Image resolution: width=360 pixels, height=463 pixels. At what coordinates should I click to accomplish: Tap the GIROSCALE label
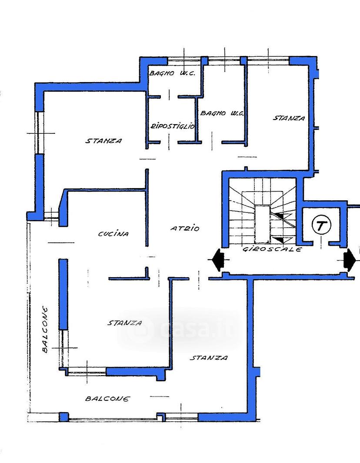click(x=272, y=249)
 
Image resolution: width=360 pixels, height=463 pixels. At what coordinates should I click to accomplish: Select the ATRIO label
click(x=185, y=228)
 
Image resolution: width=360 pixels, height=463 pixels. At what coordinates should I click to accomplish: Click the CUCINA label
click(x=113, y=234)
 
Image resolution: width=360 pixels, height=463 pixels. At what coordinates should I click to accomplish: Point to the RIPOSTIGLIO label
click(x=173, y=126)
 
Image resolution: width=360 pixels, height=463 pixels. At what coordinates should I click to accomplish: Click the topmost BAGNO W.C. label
click(x=172, y=73)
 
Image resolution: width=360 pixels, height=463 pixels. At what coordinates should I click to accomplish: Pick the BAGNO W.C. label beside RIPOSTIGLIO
click(x=222, y=113)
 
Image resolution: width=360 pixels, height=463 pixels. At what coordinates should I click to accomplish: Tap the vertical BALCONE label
click(x=45, y=329)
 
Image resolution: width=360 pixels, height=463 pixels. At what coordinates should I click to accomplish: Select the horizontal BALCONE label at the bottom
click(x=107, y=399)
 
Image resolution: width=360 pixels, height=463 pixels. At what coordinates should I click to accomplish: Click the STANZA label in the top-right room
click(x=288, y=118)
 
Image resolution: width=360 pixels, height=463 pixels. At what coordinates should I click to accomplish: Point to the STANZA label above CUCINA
click(x=104, y=141)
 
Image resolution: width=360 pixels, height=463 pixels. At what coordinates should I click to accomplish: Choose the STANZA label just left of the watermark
click(x=124, y=323)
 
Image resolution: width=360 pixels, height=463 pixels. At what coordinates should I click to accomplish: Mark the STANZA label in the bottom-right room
click(x=209, y=358)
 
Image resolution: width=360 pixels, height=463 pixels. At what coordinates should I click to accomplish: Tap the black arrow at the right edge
click(x=349, y=260)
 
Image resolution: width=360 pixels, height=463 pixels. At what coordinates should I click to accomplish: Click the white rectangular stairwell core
click(x=263, y=224)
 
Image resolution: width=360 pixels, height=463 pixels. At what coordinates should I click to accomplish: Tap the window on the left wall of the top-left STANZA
click(x=40, y=132)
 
